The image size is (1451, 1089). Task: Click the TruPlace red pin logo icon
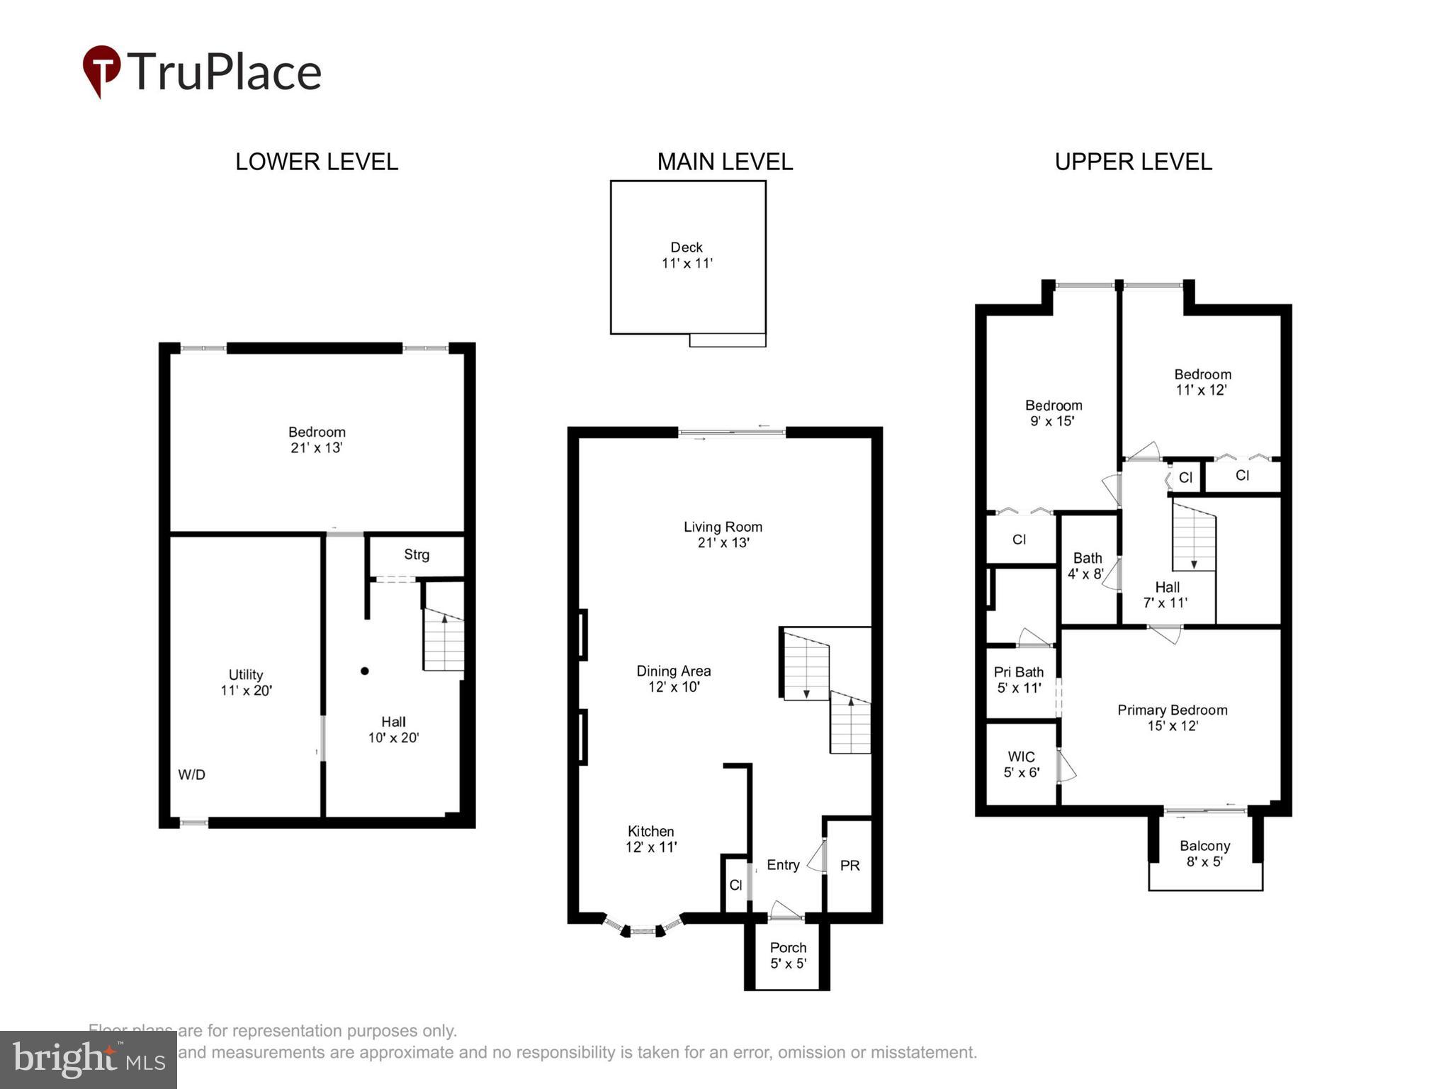(101, 70)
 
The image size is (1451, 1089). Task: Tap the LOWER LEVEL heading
(316, 162)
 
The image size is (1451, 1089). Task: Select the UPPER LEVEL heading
(1132, 162)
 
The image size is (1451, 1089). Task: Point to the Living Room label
(723, 527)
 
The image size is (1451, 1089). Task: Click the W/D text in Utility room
(191, 775)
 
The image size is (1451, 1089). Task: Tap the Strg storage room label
(417, 554)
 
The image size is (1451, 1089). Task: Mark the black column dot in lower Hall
(364, 671)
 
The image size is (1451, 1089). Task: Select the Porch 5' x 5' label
(788, 955)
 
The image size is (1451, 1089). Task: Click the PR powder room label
(849, 866)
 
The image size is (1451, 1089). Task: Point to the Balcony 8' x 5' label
(1204, 854)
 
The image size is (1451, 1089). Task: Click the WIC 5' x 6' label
(1021, 764)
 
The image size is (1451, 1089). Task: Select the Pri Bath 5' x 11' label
(1019, 679)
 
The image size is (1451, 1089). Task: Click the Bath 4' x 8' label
(1087, 566)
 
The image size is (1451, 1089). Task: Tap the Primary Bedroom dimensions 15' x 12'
(1172, 726)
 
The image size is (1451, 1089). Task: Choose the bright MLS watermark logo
(89, 1060)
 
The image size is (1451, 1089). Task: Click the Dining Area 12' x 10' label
(673, 678)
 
